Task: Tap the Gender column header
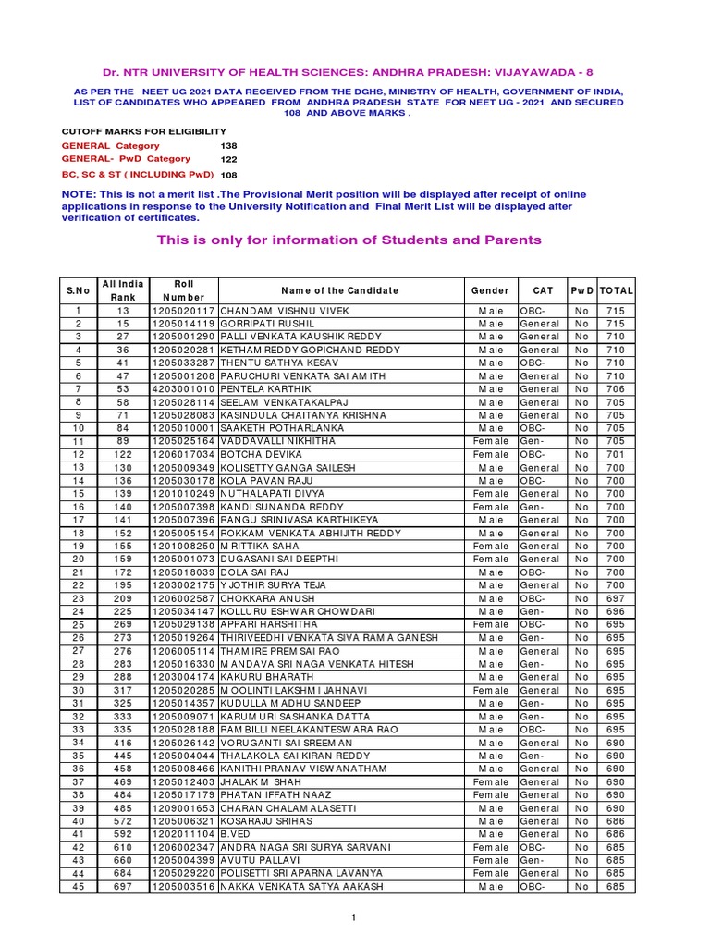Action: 490,290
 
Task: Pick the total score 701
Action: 616,455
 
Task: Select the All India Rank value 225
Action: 123,612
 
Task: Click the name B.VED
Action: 234,835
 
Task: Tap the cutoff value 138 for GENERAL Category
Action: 229,146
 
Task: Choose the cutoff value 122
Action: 229,160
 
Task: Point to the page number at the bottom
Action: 353,917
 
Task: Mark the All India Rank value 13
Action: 123,311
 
